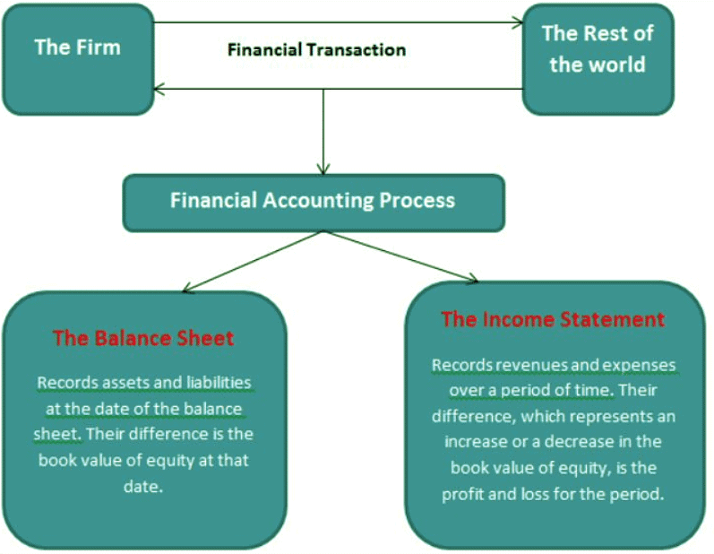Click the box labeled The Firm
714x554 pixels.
pyautogui.click(x=77, y=58)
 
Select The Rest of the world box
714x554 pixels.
pyautogui.click(x=597, y=58)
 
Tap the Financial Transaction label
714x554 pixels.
pyautogui.click(x=316, y=49)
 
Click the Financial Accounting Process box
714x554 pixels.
pyautogui.click(x=313, y=200)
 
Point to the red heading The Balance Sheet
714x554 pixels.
pyautogui.click(x=143, y=338)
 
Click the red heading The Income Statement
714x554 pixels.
pyautogui.click(x=553, y=319)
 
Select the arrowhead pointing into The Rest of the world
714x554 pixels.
pyautogui.click(x=516, y=22)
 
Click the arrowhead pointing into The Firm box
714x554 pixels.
pyautogui.click(x=159, y=89)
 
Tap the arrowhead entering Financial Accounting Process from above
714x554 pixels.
pyautogui.click(x=323, y=168)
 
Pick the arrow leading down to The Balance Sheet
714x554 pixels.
pyautogui.click(x=251, y=261)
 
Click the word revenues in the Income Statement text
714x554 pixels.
pyautogui.click(x=510, y=365)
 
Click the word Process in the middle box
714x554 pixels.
pyautogui.click(x=414, y=200)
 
